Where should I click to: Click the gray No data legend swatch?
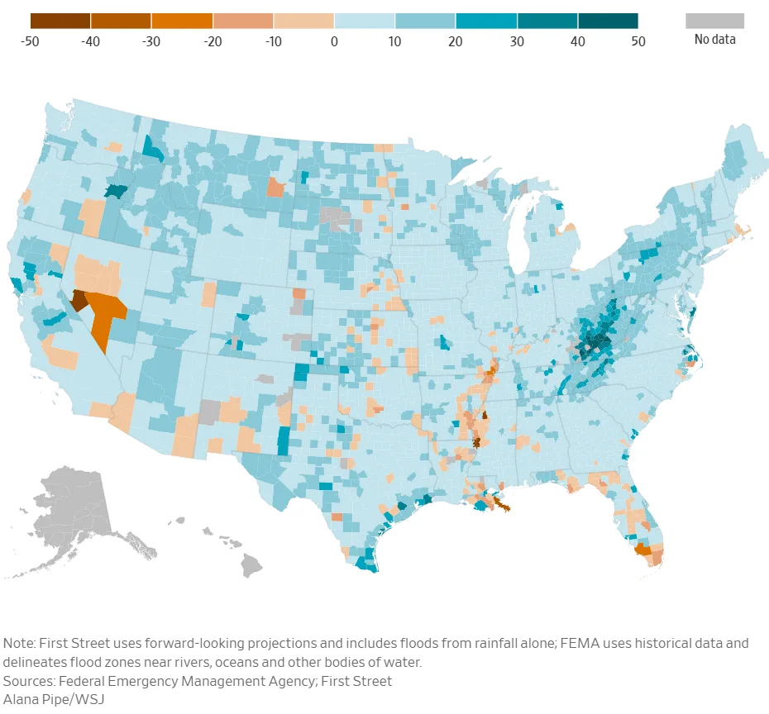[x=714, y=21]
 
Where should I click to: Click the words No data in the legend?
[x=714, y=39]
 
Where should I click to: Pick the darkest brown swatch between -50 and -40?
[x=60, y=21]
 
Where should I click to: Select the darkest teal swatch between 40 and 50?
[x=608, y=21]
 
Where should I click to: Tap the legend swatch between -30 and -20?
[x=182, y=21]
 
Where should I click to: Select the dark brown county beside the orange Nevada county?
[x=79, y=300]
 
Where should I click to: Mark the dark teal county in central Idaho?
[x=116, y=190]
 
